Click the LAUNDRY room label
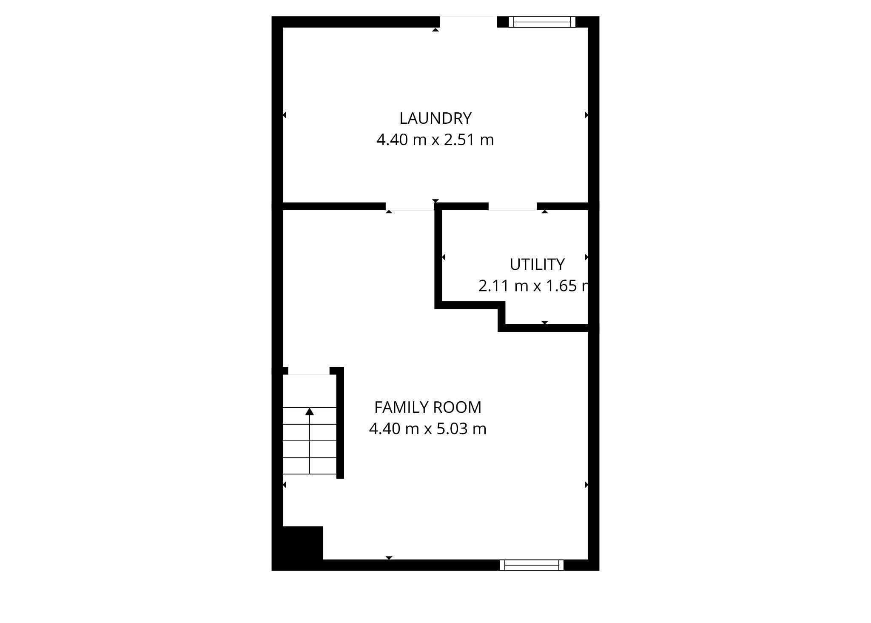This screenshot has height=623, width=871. click(x=435, y=118)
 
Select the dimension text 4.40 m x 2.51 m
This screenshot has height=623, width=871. click(x=435, y=140)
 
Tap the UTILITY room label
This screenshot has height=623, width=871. click(x=537, y=265)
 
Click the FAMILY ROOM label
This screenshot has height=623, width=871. click(x=427, y=408)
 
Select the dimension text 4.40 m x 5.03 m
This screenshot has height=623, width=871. click(x=427, y=429)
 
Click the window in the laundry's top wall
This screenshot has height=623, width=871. click(x=542, y=22)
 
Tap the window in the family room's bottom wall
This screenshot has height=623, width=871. click(x=531, y=565)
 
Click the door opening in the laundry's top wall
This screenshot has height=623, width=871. click(x=468, y=22)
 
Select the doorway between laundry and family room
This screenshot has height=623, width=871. click(x=410, y=206)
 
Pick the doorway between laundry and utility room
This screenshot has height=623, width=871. click(x=512, y=206)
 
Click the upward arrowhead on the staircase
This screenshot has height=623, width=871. click(x=310, y=412)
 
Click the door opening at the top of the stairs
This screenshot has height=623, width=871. click(x=309, y=371)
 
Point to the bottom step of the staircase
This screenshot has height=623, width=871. click(x=310, y=466)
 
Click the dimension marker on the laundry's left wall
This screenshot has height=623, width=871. click(x=285, y=115)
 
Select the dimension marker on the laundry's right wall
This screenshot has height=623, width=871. click(x=586, y=115)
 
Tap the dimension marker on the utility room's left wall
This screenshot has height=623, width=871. click(x=444, y=257)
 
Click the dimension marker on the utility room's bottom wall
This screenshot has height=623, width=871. click(x=545, y=323)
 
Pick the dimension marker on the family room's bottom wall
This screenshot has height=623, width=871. click(x=389, y=558)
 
